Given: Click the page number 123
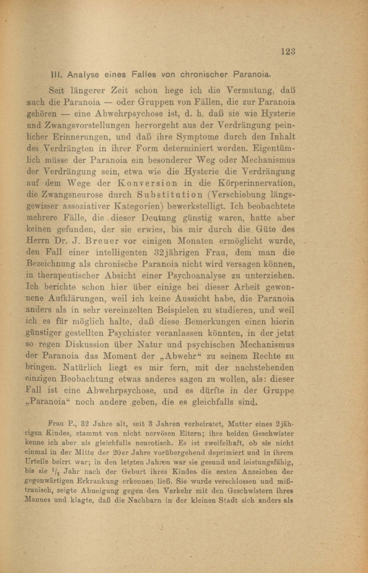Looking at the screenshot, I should pyautogui.click(x=288, y=51).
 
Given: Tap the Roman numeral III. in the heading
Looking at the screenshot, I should pyautogui.click(x=57, y=75).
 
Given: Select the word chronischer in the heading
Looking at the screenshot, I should pyautogui.click(x=204, y=75).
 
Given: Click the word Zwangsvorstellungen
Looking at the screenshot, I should pyautogui.click(x=78, y=125).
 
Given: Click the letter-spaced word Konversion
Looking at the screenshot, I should pyautogui.click(x=147, y=183).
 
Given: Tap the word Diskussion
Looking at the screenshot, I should pyautogui.click(x=87, y=345).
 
